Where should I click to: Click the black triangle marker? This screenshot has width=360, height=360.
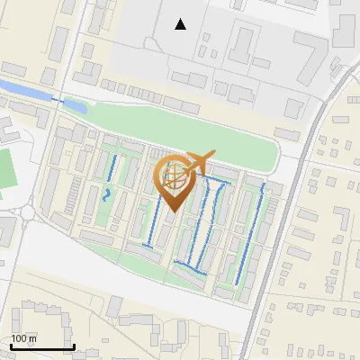pyautogui.click(x=181, y=24)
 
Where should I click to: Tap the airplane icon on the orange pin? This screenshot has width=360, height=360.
pyautogui.click(x=201, y=161)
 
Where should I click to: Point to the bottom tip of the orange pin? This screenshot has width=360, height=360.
pyautogui.click(x=172, y=212)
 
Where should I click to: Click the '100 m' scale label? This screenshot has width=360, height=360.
pyautogui.click(x=24, y=338)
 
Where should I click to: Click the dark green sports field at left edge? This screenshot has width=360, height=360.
pyautogui.click(x=7, y=170)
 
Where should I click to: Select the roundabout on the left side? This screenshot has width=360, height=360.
pyautogui.click(x=30, y=213)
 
